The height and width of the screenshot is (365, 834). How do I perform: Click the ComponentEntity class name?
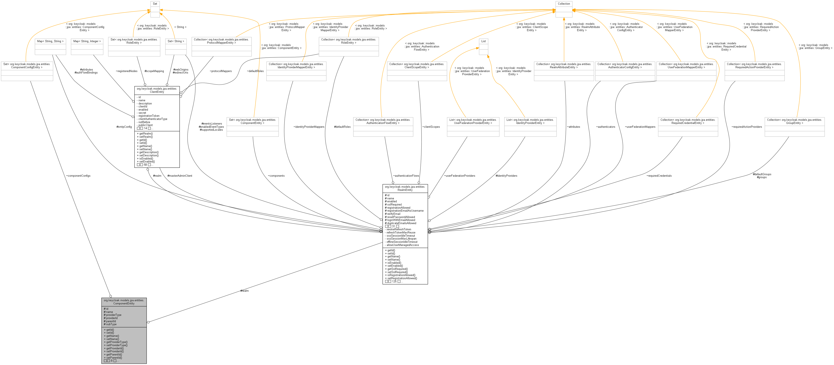click(x=124, y=302)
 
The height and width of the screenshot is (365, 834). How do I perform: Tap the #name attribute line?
click(x=109, y=312)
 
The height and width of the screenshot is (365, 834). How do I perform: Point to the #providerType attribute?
click(x=113, y=315)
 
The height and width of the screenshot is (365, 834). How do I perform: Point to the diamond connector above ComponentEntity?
click(x=111, y=296)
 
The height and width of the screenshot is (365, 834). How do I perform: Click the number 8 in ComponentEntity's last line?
click(x=112, y=361)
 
